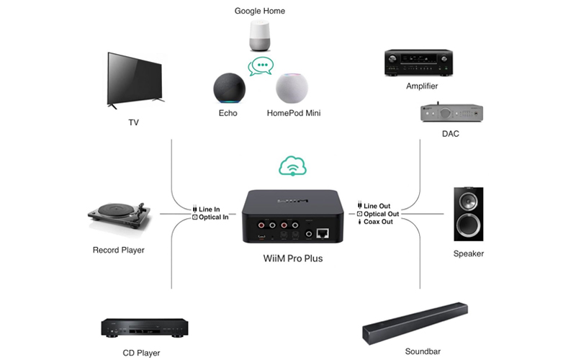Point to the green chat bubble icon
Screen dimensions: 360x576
(261, 68)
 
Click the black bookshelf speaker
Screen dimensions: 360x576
(469, 214)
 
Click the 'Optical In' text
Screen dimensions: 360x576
(214, 217)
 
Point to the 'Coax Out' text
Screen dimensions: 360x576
(378, 222)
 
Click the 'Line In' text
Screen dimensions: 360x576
(210, 209)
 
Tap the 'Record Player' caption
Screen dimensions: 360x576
(119, 251)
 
